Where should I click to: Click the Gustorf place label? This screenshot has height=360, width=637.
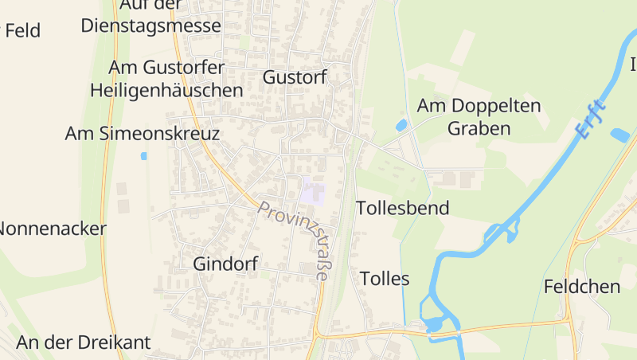[295, 77]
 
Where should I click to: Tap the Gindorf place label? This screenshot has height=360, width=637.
[225, 264]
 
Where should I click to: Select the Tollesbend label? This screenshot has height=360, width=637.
[403, 209]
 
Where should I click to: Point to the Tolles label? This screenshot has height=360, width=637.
[385, 279]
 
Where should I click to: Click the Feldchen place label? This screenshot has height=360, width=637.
[582, 287]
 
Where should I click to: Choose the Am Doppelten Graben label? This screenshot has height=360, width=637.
[479, 116]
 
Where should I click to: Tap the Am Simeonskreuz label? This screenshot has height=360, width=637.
[142, 134]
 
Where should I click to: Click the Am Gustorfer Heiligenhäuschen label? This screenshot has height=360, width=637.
[166, 79]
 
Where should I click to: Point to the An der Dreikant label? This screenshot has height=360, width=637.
[84, 343]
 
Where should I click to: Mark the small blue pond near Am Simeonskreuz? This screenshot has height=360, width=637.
[144, 156]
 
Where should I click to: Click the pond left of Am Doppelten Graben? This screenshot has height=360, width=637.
[401, 125]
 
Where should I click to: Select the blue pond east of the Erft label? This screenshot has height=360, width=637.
[619, 135]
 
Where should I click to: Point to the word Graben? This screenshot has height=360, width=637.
[479, 128]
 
